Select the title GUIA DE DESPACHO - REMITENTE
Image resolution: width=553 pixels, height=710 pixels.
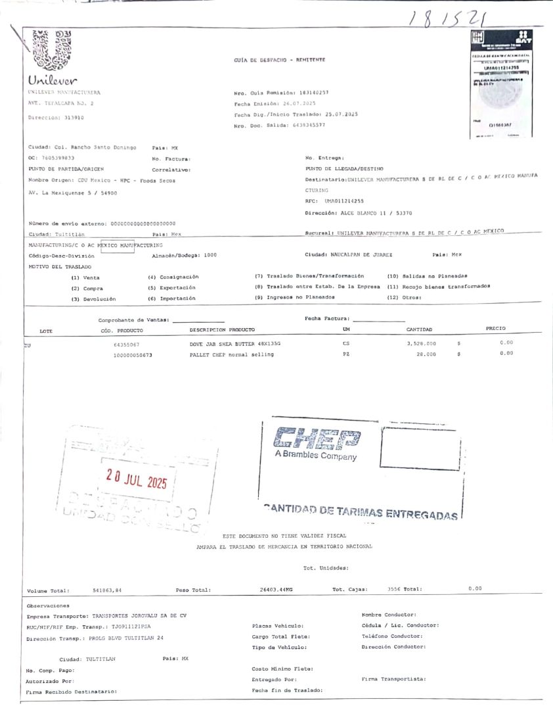pos(279,60)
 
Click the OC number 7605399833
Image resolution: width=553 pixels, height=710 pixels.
pos(57,158)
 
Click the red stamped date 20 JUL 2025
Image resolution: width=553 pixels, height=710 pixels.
pos(137,481)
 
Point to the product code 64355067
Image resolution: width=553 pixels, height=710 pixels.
pos(126,344)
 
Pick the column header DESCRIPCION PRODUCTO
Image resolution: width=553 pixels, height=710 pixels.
pos(222,329)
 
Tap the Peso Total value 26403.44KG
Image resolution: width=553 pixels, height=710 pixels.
pos(276,590)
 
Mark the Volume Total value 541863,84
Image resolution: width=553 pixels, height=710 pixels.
pos(107,590)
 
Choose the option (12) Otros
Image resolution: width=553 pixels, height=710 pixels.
pos(404,298)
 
